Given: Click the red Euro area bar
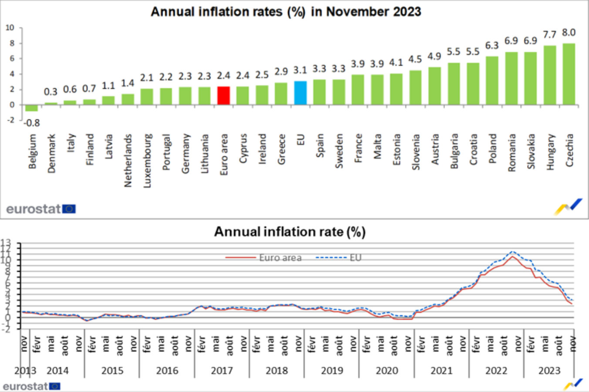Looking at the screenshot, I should (223, 96).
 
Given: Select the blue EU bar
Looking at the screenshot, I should (300, 93).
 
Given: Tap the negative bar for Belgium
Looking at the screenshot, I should (31, 108).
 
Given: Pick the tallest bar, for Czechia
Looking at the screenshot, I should (569, 74).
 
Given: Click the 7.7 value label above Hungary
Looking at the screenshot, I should (549, 34).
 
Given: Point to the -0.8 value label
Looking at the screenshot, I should (31, 123).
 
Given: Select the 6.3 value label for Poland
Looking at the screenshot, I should (492, 45).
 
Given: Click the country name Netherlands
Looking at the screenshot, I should (128, 160).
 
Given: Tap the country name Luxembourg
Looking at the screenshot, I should (147, 161).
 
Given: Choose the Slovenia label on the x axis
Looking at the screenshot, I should (416, 152).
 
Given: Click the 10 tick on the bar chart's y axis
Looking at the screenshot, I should (10, 28).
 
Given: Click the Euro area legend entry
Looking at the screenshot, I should (263, 258).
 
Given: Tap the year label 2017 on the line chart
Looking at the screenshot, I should (222, 371).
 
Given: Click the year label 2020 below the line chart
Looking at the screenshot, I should (387, 371).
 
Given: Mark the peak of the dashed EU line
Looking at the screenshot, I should (513, 251).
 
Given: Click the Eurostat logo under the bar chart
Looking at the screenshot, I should (41, 209).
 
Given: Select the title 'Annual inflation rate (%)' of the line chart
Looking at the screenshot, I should (290, 232).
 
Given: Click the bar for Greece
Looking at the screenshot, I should (281, 94).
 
